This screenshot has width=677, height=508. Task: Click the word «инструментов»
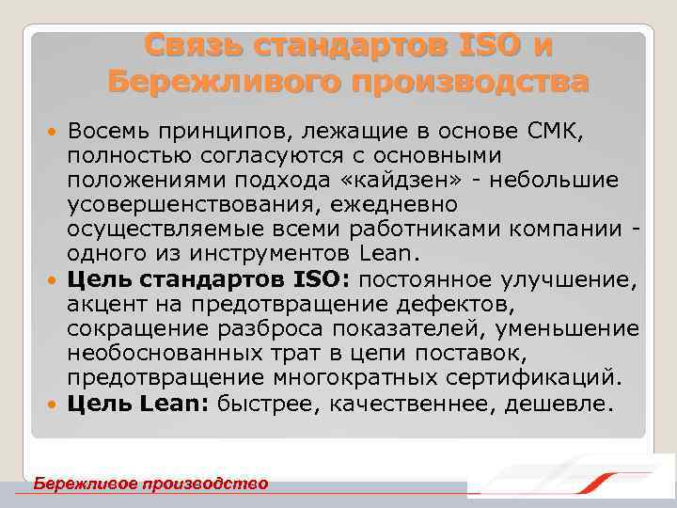pyautogui.click(x=285, y=254)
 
